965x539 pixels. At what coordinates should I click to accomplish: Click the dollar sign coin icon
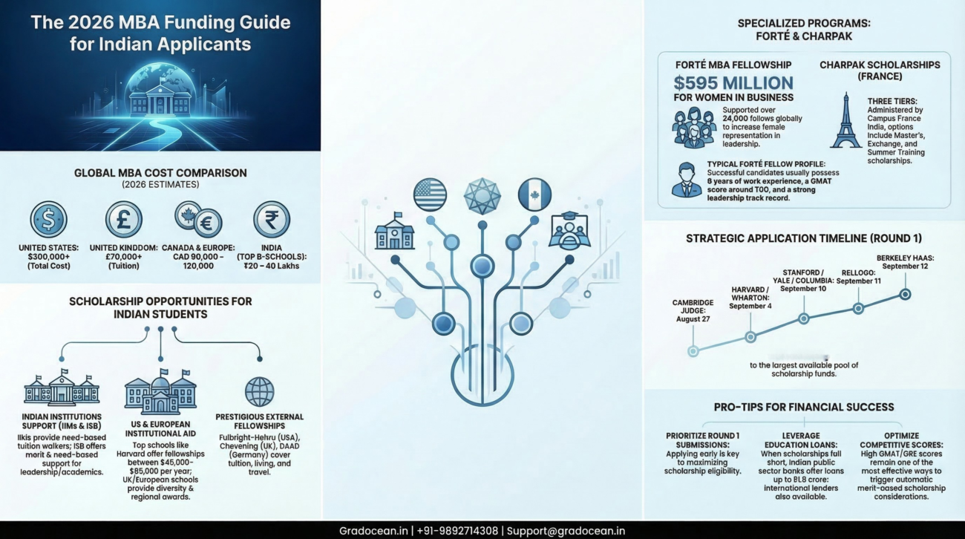[48, 219]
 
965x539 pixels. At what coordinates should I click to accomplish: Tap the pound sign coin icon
[123, 219]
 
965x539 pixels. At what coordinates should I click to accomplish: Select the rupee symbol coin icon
[272, 219]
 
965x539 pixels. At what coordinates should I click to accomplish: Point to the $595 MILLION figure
[733, 82]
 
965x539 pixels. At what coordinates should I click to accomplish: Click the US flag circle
[430, 195]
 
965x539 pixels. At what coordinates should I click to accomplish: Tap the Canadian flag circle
[534, 195]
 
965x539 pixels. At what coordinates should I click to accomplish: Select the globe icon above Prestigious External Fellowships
[259, 391]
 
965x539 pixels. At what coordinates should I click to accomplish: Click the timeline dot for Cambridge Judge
[693, 351]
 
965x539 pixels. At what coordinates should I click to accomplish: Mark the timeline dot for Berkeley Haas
[905, 294]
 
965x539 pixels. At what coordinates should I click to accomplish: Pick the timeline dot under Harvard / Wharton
[750, 337]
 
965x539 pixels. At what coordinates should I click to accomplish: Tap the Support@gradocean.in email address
[565, 530]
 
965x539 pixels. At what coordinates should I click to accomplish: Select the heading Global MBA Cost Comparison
[160, 173]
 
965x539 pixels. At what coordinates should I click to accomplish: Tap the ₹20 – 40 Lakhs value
[272, 265]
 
